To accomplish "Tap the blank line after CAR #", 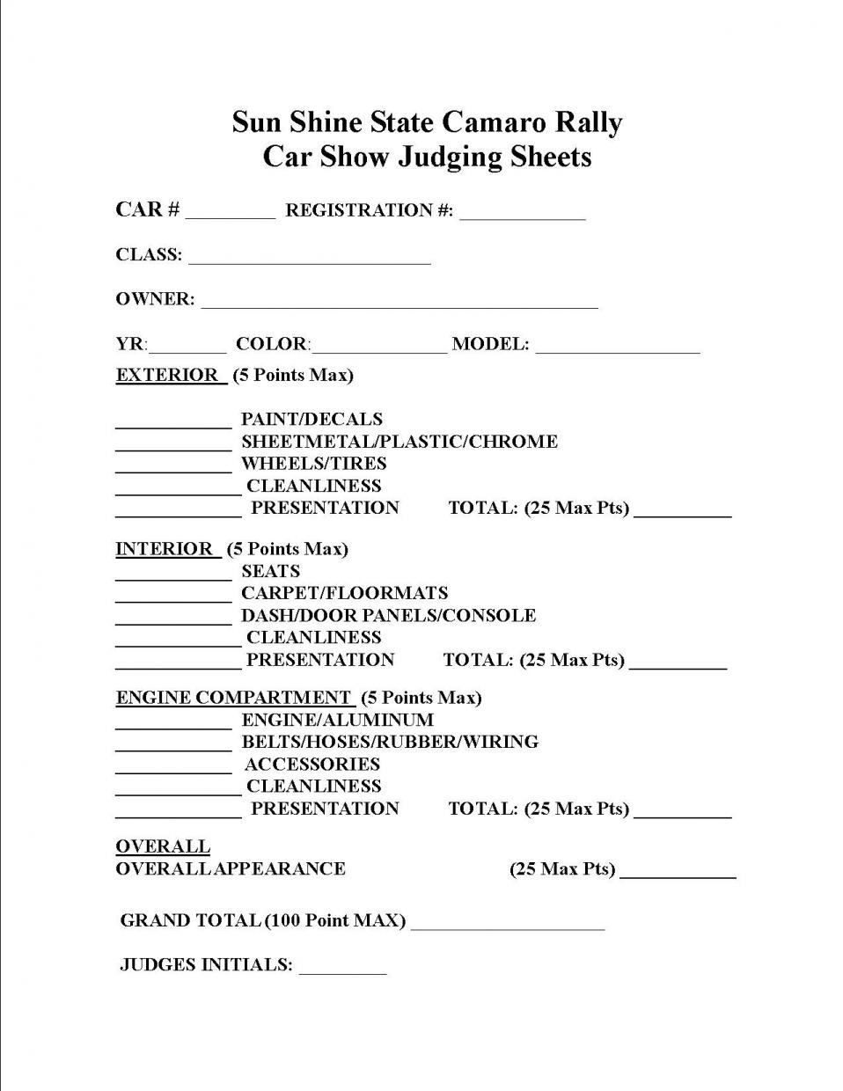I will [231, 213].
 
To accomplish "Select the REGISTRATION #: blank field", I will [522, 213].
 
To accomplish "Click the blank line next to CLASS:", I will [309, 258].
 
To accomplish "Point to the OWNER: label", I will [155, 299].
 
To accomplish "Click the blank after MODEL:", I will [617, 347].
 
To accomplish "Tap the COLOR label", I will [272, 344].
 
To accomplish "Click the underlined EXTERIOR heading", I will [167, 375].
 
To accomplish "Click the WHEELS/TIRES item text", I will [313, 464].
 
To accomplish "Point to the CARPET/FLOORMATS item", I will [344, 594].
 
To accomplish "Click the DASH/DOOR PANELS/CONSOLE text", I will [388, 616].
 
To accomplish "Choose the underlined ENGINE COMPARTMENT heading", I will [234, 698].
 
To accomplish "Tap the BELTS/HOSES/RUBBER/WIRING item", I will [390, 742].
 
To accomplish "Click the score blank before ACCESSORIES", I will [173, 767].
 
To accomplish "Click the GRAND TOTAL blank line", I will [508, 924].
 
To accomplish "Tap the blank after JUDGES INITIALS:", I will [342, 968].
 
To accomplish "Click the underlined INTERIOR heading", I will [165, 549].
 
